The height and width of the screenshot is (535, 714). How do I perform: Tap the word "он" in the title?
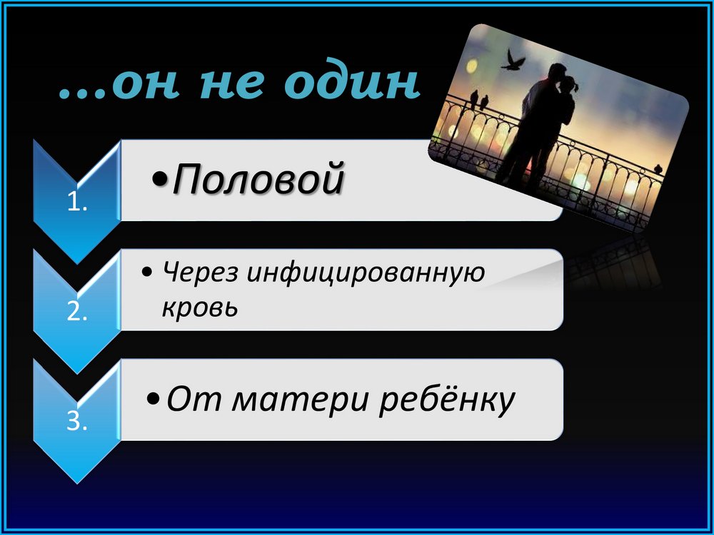point(144,85)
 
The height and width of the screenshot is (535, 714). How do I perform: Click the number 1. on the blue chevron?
point(77,203)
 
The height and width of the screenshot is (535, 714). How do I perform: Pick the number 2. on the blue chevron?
point(77,312)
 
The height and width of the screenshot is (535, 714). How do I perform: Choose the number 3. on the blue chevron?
point(77,422)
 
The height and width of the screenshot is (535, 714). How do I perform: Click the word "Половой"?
point(258,178)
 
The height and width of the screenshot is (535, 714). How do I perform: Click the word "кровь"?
point(200,307)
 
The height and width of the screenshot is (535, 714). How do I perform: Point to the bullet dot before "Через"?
point(146,273)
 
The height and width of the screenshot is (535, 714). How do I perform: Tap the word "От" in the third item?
point(194,399)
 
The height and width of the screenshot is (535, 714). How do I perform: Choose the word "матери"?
point(300,400)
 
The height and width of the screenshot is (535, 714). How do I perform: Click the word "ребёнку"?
point(446,400)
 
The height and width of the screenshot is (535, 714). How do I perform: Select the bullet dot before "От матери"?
point(154,400)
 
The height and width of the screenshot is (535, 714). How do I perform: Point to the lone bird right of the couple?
point(658,169)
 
